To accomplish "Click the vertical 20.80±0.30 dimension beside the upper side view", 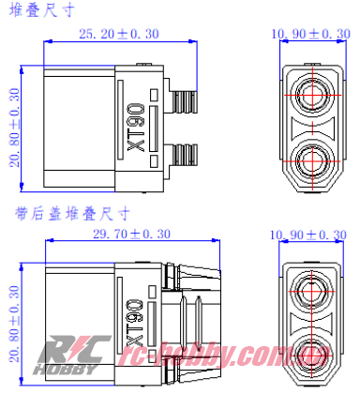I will (x=14, y=127).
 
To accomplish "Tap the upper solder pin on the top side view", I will (x=187, y=94).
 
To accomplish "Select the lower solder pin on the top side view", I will (x=187, y=152).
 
